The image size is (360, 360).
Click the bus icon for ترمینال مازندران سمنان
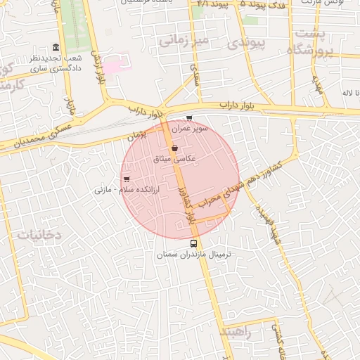[x=194, y=243]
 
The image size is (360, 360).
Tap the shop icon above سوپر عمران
[x=188, y=118]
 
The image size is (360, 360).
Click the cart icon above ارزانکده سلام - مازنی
[x=126, y=179]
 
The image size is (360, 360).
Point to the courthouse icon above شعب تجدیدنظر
[x=56, y=45]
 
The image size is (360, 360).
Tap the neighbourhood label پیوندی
[x=245, y=44]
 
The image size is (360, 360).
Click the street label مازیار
[x=70, y=106]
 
